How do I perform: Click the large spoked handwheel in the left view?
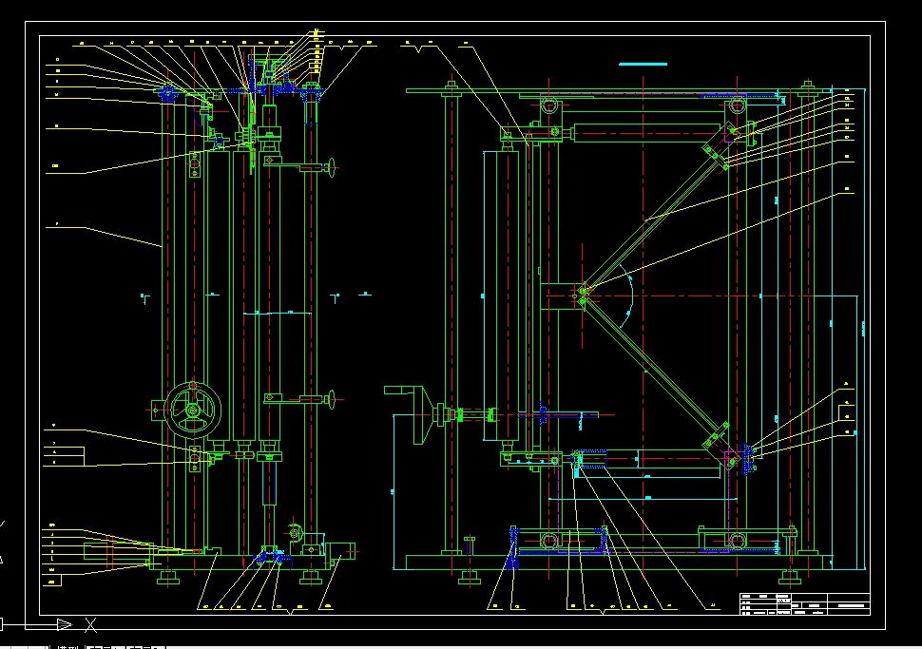[193, 410]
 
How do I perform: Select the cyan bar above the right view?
[643, 64]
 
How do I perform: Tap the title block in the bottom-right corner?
[804, 603]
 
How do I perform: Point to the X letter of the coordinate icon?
[91, 624]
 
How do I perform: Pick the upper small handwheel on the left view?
[332, 168]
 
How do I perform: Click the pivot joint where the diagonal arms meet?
[583, 296]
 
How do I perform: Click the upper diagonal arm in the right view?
[656, 214]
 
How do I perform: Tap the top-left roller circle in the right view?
[549, 106]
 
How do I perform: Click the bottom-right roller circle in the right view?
[737, 540]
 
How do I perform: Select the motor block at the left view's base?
[339, 550]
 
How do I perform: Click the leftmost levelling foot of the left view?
[169, 577]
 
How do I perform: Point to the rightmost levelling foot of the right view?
[787, 575]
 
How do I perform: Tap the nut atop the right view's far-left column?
[451, 89]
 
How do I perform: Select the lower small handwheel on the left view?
[332, 397]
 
